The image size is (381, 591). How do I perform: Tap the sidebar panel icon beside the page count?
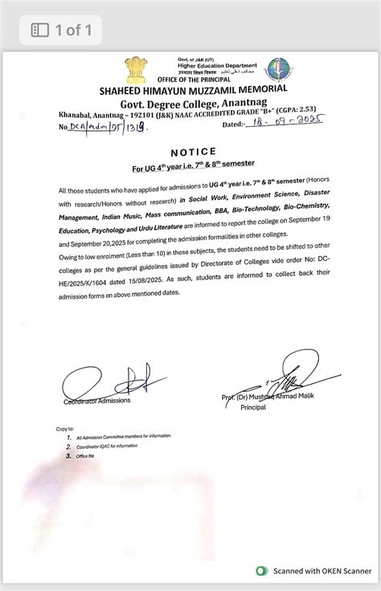(39, 31)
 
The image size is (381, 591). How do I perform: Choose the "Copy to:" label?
(65, 430)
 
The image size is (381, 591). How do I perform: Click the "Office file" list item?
(88, 455)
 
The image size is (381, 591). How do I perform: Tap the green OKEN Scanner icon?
(260, 571)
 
